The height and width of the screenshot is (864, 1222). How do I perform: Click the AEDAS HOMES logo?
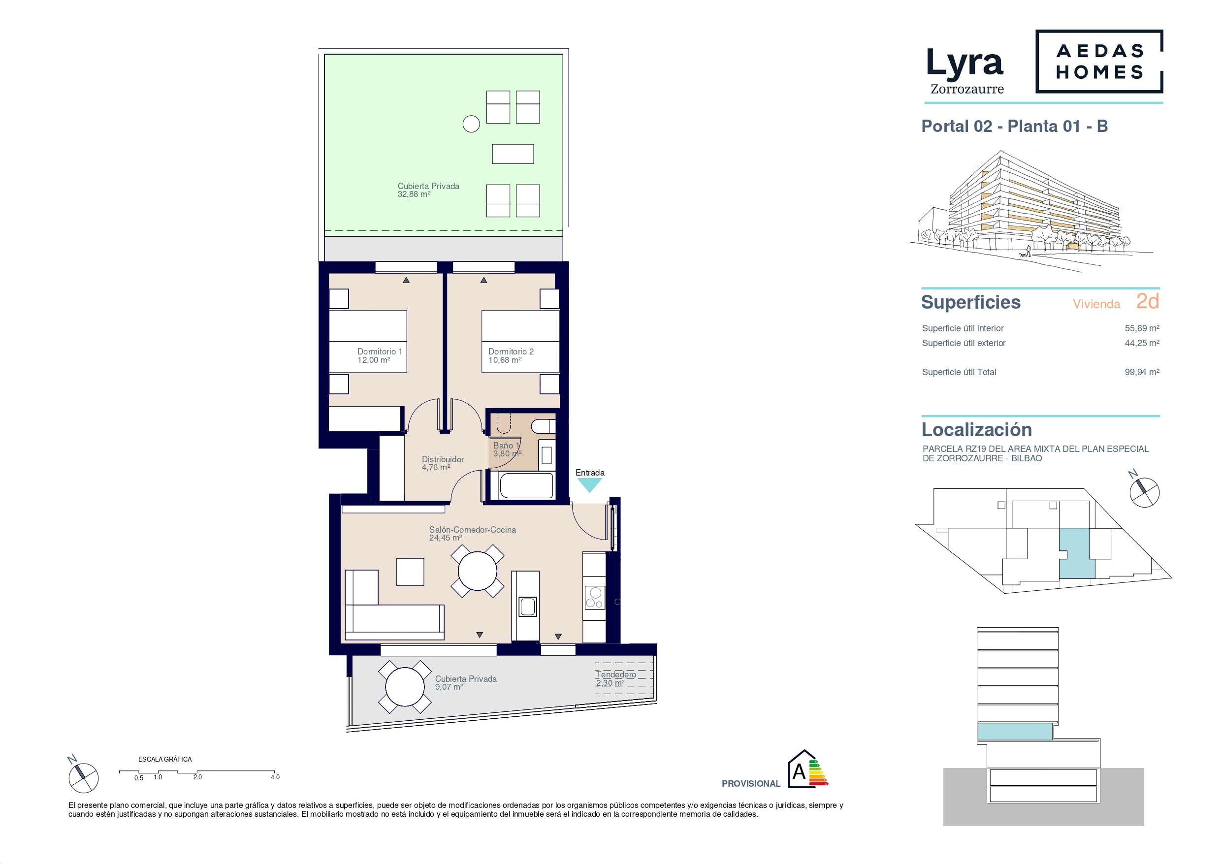1099,62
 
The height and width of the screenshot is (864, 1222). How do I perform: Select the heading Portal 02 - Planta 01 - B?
1014,126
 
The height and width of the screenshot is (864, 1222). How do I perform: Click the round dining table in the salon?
478,571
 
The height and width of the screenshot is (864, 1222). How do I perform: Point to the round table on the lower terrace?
405,687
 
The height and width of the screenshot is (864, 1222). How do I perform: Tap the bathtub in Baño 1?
526,485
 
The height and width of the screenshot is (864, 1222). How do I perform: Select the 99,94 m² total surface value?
1142,372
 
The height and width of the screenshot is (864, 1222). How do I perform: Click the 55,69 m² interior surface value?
1142,328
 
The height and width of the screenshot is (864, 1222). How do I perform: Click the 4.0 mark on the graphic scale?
275,777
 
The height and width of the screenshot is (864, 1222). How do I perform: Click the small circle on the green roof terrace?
471,124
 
